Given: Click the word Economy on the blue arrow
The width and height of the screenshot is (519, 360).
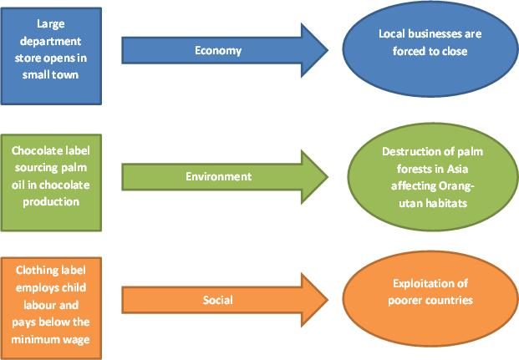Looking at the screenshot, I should (x=218, y=50).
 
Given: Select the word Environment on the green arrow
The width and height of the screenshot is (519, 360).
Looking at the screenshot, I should (x=218, y=176).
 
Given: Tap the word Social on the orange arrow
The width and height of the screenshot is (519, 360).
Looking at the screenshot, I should (x=218, y=298).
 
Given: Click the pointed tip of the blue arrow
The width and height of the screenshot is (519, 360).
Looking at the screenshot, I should (x=328, y=50).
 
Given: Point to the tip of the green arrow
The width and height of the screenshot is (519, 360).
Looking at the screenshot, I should (x=328, y=176).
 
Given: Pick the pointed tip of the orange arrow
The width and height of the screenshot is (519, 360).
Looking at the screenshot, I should (x=328, y=298).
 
